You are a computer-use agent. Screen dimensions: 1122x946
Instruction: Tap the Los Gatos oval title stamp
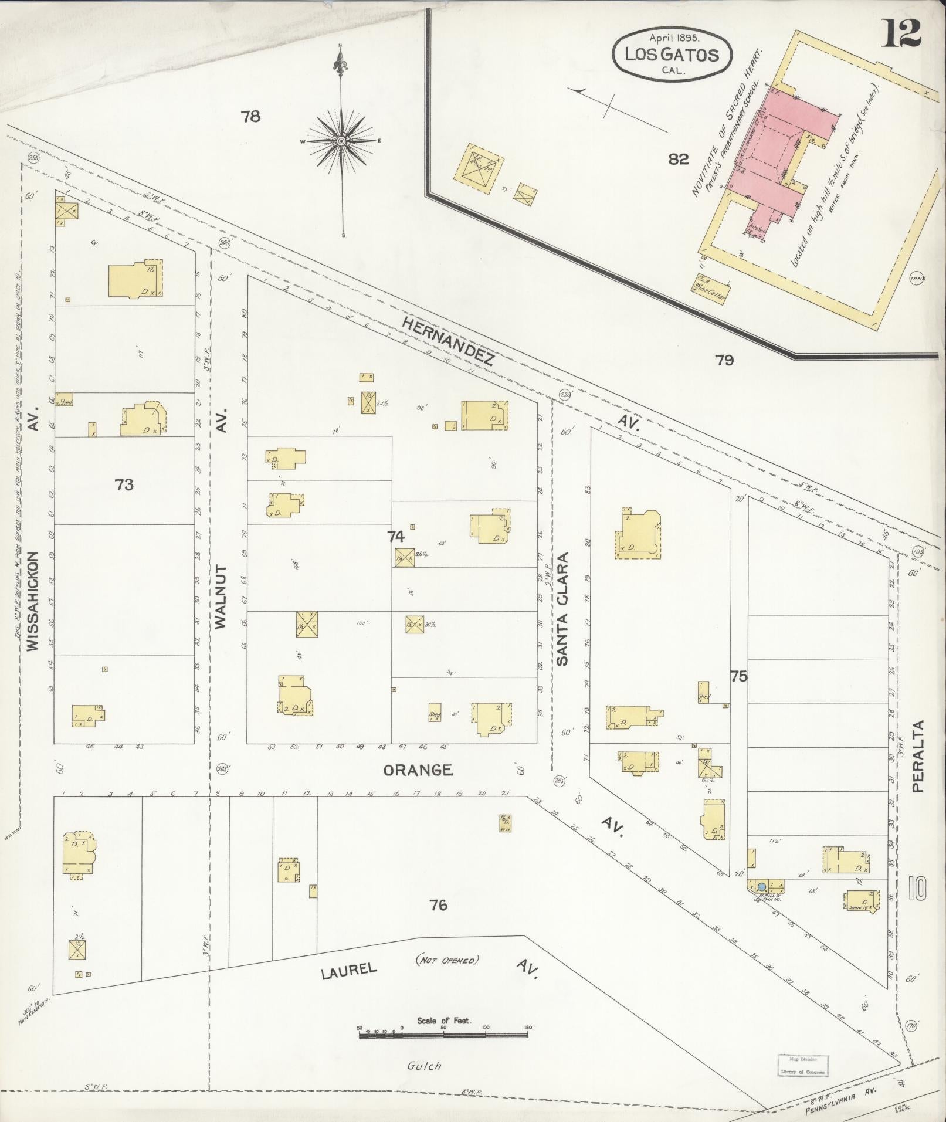pyautogui.click(x=672, y=56)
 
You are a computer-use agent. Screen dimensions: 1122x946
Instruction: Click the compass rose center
pyautogui.click(x=341, y=141)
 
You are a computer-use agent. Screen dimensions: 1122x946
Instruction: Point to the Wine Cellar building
pyautogui.click(x=711, y=287)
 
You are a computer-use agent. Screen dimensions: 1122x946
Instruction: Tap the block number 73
pyautogui.click(x=124, y=484)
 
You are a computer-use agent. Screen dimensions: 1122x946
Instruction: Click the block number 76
pyautogui.click(x=438, y=905)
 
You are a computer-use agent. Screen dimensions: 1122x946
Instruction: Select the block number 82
pyautogui.click(x=678, y=159)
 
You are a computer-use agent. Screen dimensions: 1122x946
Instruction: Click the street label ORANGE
pyautogui.click(x=418, y=770)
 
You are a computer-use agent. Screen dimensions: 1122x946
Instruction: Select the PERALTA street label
pyautogui.click(x=918, y=757)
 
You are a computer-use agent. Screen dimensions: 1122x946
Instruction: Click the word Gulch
pyautogui.click(x=423, y=1066)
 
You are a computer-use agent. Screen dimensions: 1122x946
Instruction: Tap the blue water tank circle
pyautogui.click(x=762, y=887)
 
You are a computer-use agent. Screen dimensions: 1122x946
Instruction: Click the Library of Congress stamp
pyautogui.click(x=803, y=1065)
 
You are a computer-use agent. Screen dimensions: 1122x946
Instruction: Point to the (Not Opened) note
pyautogui.click(x=447, y=960)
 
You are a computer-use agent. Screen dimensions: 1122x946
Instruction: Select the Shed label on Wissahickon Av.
pyautogui.click(x=65, y=402)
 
